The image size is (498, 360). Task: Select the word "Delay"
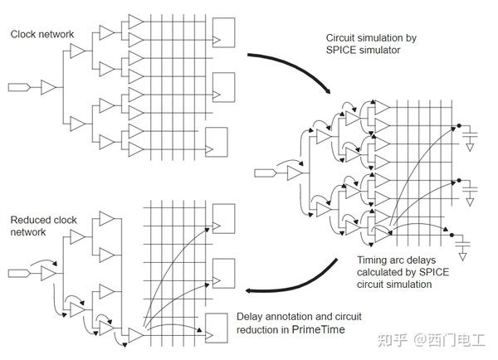tap(251, 316)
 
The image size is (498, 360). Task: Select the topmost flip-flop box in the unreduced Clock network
tap(224, 32)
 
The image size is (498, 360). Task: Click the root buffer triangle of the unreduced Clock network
tap(49, 86)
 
